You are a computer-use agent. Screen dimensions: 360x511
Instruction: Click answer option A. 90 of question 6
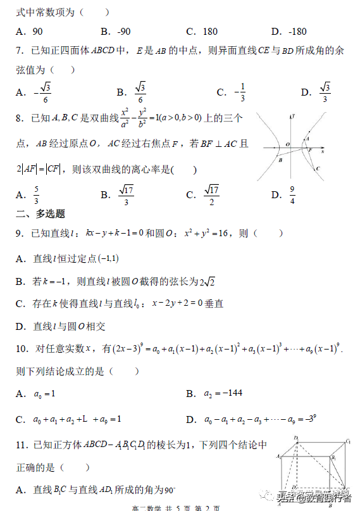[29, 31]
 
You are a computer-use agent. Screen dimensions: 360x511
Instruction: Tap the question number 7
[20, 51]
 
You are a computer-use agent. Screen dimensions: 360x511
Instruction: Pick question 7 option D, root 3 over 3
[316, 92]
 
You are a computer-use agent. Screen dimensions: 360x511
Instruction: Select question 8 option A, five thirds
[29, 195]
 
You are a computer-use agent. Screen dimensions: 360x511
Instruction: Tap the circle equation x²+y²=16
[209, 234]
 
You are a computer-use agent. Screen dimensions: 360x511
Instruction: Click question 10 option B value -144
[230, 394]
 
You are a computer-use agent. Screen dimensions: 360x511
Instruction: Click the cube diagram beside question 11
[314, 472]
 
